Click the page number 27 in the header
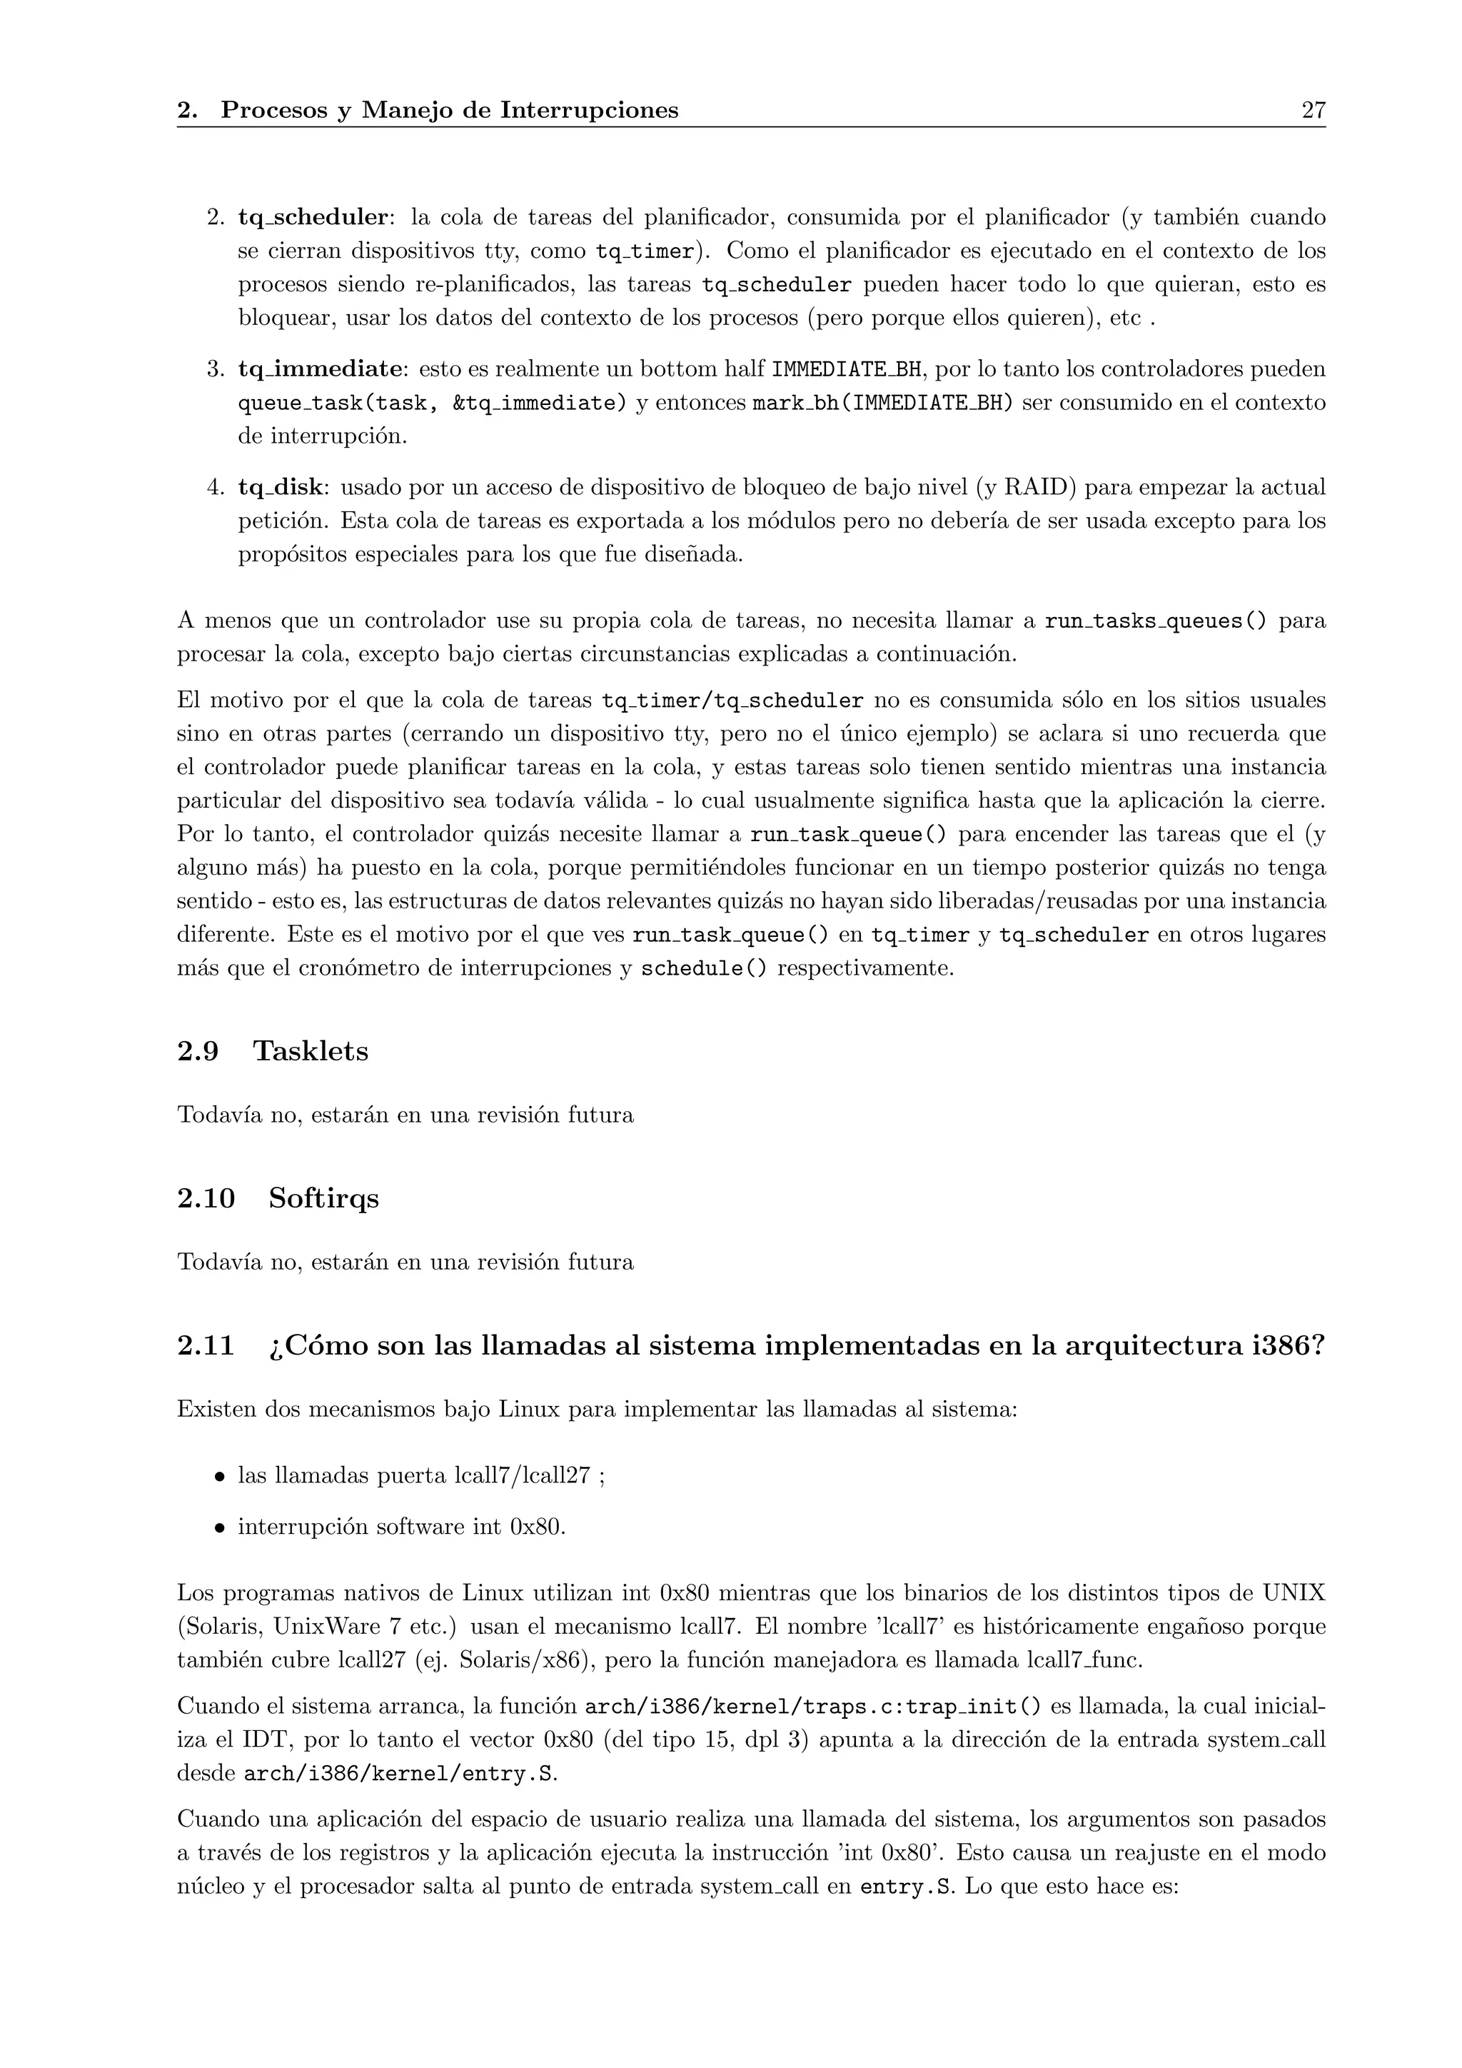click(x=1313, y=111)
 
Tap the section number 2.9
click(x=198, y=1051)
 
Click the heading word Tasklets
click(x=311, y=1051)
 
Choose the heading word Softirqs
click(x=323, y=1199)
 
